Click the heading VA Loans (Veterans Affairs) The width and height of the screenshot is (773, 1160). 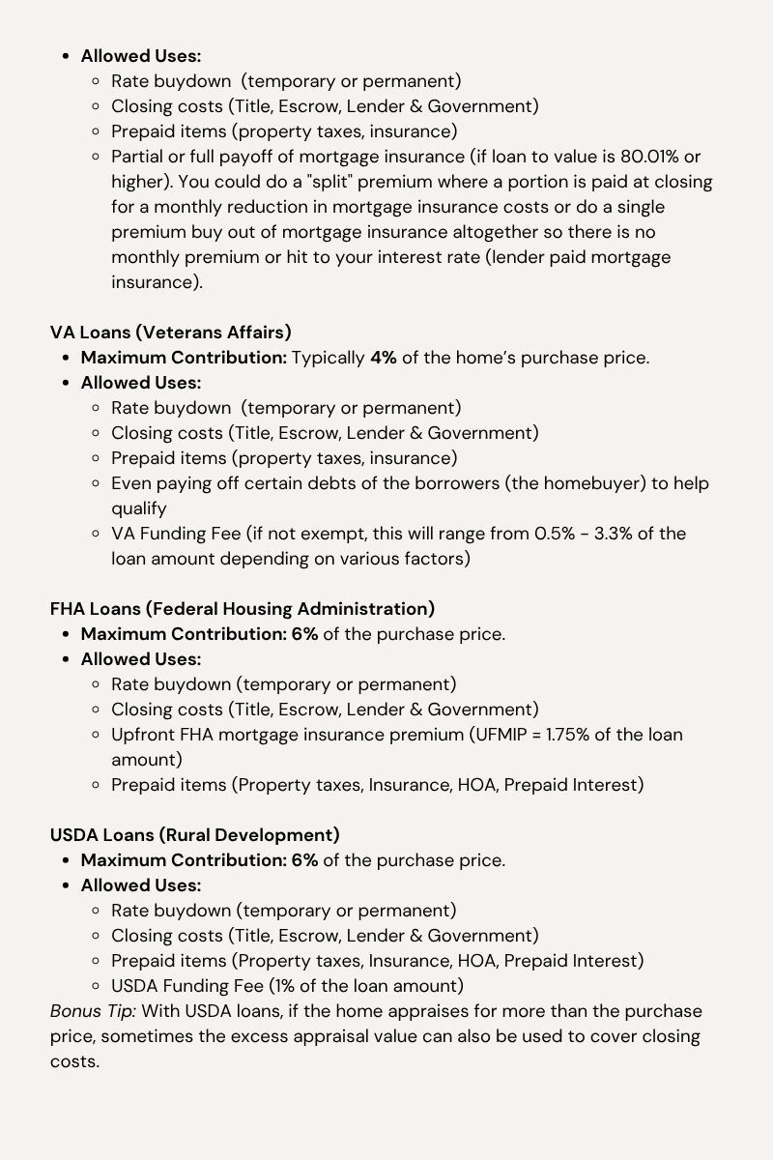point(170,333)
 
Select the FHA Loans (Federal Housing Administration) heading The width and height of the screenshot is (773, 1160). point(243,609)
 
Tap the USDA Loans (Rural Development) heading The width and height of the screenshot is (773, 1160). point(194,835)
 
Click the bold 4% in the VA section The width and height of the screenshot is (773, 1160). point(383,358)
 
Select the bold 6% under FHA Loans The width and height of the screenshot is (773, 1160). point(304,634)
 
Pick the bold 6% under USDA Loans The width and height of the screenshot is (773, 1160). point(304,860)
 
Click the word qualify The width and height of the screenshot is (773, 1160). point(139,508)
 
